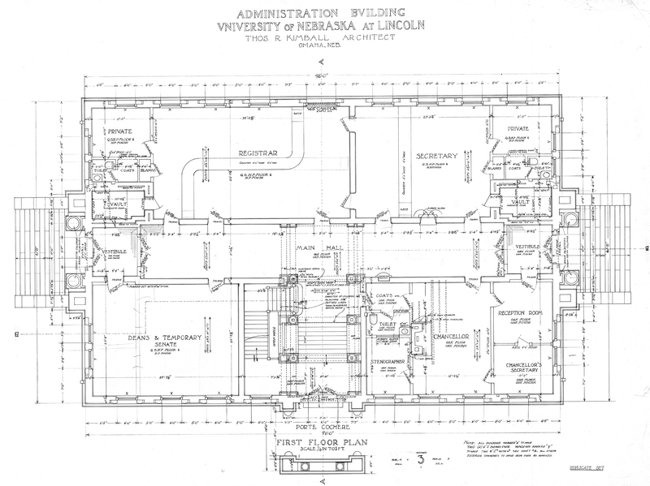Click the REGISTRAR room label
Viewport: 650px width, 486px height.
[x=253, y=153]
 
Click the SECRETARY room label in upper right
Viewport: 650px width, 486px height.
[x=440, y=156]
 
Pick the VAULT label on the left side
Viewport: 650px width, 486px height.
[x=119, y=202]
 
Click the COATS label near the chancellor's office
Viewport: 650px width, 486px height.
[x=384, y=296]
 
